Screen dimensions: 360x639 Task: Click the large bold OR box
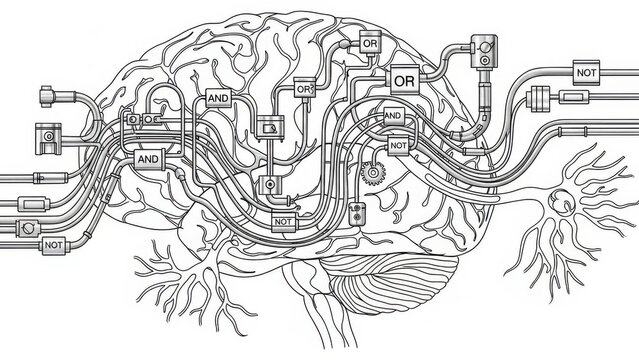[405, 77]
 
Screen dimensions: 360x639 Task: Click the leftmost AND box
[148, 158]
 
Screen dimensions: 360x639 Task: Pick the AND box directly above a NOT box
[393, 117]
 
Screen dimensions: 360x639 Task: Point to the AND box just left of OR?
[218, 98]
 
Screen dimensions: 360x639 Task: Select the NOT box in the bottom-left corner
[54, 243]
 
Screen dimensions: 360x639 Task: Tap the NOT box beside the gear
[398, 145]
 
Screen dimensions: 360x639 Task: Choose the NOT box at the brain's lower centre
[284, 222]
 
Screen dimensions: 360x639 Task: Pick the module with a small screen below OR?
[270, 126]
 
